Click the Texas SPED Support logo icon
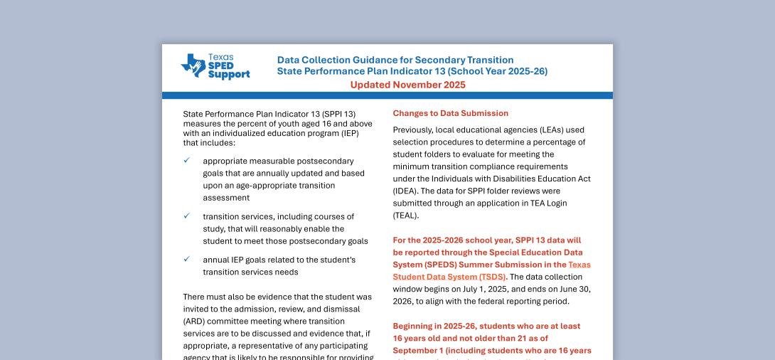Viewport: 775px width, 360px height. [x=193, y=65]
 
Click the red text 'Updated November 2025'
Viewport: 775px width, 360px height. [x=407, y=85]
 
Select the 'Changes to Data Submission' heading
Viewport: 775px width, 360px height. [x=450, y=113]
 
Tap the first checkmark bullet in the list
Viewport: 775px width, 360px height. [x=187, y=161]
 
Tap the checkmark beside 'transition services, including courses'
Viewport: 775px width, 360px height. [x=187, y=216]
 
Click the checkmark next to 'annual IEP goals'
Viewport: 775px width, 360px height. [x=187, y=260]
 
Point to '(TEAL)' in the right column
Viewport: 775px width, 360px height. [x=406, y=216]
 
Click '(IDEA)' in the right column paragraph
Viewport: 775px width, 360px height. [x=405, y=191]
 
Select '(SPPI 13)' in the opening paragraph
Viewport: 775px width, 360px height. [x=338, y=114]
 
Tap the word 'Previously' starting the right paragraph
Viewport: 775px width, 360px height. [x=415, y=129]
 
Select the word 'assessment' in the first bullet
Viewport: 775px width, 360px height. [x=225, y=198]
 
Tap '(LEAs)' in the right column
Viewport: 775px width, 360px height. [x=529, y=129]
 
